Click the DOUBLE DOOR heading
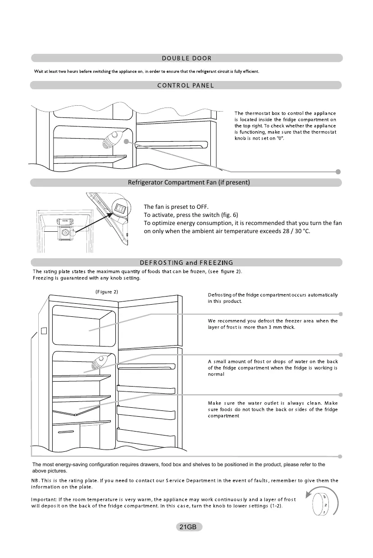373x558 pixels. click(186, 58)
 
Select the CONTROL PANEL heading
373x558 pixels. click(186, 85)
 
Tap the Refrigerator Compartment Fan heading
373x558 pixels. click(189, 182)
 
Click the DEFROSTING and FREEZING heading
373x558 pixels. click(186, 263)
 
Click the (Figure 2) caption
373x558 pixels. click(107, 292)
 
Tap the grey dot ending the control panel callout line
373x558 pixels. click(338, 171)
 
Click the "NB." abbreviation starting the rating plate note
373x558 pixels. click(36, 481)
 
